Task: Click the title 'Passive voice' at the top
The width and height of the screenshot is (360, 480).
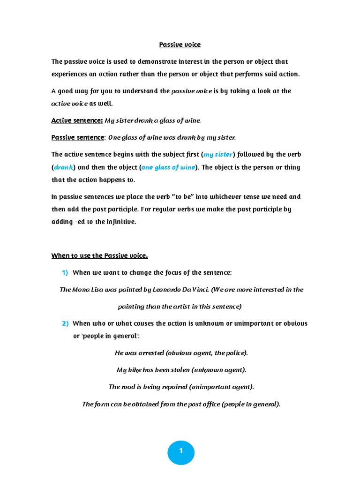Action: tap(180, 45)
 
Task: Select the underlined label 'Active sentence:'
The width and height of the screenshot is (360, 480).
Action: tap(77, 120)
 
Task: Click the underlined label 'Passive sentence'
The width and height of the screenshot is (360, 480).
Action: tap(78, 137)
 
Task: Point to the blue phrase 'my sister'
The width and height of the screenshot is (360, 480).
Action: tap(218, 155)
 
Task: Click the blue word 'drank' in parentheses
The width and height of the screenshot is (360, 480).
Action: tap(63, 167)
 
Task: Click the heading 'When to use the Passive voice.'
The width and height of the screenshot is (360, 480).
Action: tap(99, 255)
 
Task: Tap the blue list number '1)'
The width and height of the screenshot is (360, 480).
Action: tap(65, 272)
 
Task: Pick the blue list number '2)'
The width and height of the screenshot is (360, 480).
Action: tap(65, 323)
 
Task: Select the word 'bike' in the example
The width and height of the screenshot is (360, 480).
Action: tap(135, 370)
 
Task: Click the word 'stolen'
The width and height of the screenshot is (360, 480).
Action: tap(179, 370)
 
